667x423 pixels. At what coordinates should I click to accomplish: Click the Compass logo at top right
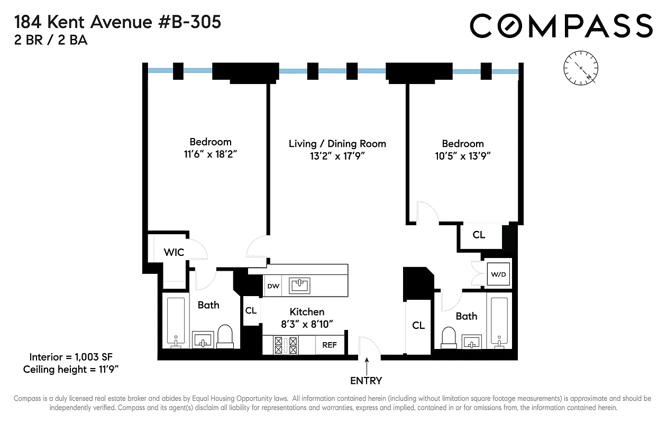(561, 26)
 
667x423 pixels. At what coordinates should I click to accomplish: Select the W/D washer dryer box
(498, 274)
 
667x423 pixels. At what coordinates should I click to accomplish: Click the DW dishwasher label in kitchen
(273, 286)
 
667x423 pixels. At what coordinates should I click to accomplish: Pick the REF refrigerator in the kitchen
(330, 345)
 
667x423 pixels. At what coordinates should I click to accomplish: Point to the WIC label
(173, 252)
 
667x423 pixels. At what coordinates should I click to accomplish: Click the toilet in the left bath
(225, 336)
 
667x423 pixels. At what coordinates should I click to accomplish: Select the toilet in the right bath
(449, 336)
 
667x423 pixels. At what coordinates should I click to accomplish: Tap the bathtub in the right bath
(499, 322)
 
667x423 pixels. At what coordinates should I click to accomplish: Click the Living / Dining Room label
(337, 144)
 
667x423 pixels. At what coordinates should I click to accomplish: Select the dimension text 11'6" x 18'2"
(211, 155)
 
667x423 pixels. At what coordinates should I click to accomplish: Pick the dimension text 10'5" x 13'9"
(463, 156)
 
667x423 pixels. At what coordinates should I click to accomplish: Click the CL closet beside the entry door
(418, 325)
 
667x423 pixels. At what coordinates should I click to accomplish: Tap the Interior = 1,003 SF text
(70, 356)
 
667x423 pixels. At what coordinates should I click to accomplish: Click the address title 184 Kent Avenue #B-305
(117, 22)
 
